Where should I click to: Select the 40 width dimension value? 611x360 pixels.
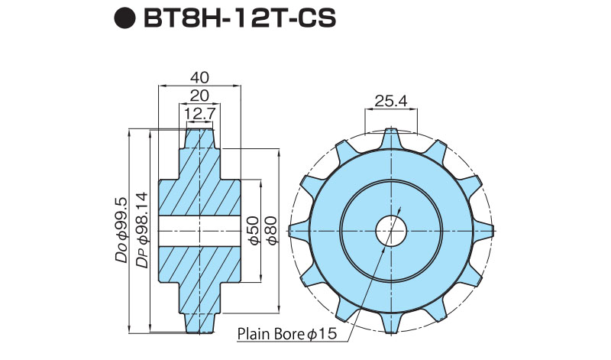199,78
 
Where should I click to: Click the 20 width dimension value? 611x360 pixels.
199,96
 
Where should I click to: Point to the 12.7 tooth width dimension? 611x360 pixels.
199,114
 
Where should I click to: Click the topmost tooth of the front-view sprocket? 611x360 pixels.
391,138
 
